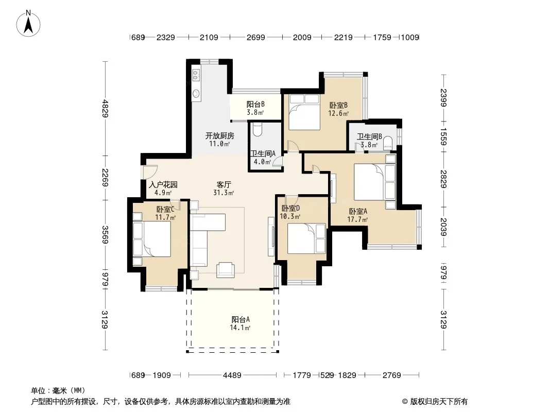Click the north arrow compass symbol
click(x=28, y=24)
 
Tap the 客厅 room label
click(x=224, y=184)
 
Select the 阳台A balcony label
click(x=241, y=319)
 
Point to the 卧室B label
click(x=338, y=105)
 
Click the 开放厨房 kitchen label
click(x=219, y=135)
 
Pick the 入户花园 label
click(x=163, y=184)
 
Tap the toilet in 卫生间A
click(x=257, y=129)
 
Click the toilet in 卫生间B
click(x=388, y=143)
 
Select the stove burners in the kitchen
click(x=196, y=74)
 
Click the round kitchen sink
click(x=196, y=93)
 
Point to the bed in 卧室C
click(x=152, y=239)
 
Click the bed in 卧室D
click(x=307, y=238)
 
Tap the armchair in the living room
click(x=226, y=269)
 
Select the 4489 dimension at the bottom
click(x=232, y=375)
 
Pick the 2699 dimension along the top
click(x=255, y=37)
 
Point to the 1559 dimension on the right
click(x=443, y=137)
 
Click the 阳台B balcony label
click(x=255, y=105)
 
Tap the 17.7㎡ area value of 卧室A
click(x=357, y=219)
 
